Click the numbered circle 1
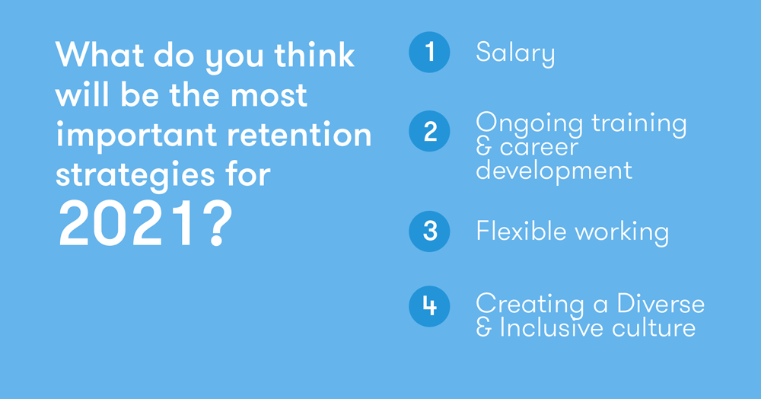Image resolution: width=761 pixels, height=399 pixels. point(429,52)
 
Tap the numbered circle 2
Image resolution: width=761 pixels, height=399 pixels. point(429,131)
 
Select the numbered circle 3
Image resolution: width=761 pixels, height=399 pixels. point(429,231)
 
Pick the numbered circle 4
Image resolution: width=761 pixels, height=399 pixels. point(429,306)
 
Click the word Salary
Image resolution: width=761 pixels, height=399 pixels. point(515,53)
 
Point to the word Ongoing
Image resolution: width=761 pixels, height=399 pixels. point(529,124)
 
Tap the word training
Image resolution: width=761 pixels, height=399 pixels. point(638,124)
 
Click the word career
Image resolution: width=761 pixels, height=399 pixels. point(540,148)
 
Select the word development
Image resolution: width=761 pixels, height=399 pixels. point(554,171)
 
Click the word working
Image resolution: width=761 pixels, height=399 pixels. point(622,232)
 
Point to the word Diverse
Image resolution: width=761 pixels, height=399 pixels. point(661,304)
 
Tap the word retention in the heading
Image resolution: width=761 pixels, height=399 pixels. point(299,135)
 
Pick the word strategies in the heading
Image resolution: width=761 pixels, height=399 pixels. point(135,176)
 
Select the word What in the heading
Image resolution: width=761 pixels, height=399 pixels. point(100,54)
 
